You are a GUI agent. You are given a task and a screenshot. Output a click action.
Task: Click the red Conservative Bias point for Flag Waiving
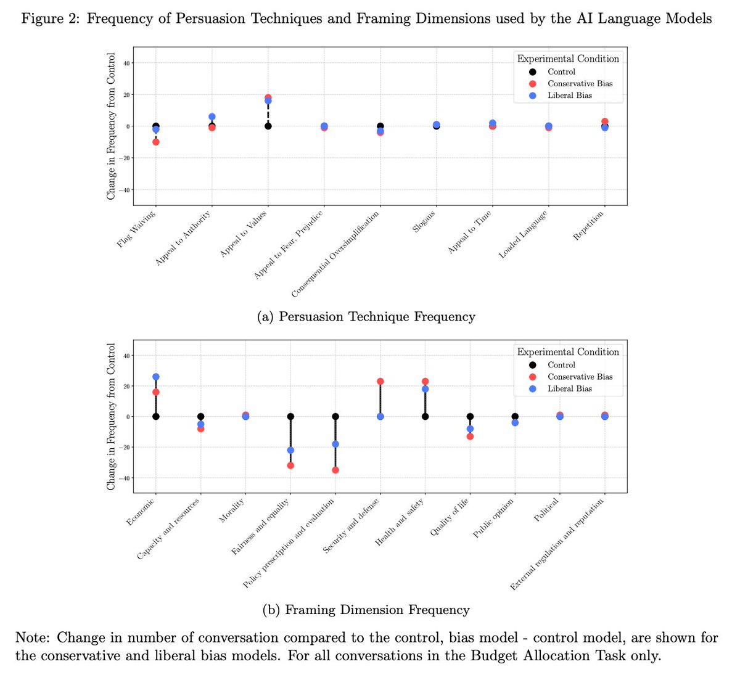(156, 142)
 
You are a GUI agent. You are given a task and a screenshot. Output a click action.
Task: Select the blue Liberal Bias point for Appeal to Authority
(212, 117)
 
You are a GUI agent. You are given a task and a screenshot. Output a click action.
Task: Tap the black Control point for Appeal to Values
(268, 126)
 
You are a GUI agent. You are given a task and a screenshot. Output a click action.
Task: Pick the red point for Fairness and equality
(290, 465)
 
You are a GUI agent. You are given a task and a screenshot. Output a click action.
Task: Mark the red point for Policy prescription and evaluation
(335, 470)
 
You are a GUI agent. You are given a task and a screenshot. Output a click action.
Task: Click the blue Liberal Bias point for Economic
(156, 377)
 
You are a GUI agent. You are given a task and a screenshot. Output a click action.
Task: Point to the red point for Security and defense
(380, 382)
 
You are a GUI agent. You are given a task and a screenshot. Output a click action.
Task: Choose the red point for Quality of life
(470, 436)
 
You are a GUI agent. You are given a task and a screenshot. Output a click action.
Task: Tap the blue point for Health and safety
(425, 389)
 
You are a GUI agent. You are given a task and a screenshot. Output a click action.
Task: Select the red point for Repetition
(605, 121)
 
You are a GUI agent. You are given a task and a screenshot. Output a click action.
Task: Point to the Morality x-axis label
(232, 510)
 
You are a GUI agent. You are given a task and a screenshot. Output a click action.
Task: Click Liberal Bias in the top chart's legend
(569, 96)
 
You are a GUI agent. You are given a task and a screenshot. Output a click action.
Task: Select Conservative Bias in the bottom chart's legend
(580, 377)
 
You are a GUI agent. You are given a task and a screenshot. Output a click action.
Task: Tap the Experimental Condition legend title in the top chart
(568, 59)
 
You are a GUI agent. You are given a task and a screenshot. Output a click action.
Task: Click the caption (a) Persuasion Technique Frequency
(366, 317)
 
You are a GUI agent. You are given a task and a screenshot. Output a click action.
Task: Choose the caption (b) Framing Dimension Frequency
(366, 610)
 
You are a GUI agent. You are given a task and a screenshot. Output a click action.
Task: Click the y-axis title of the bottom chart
(111, 417)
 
